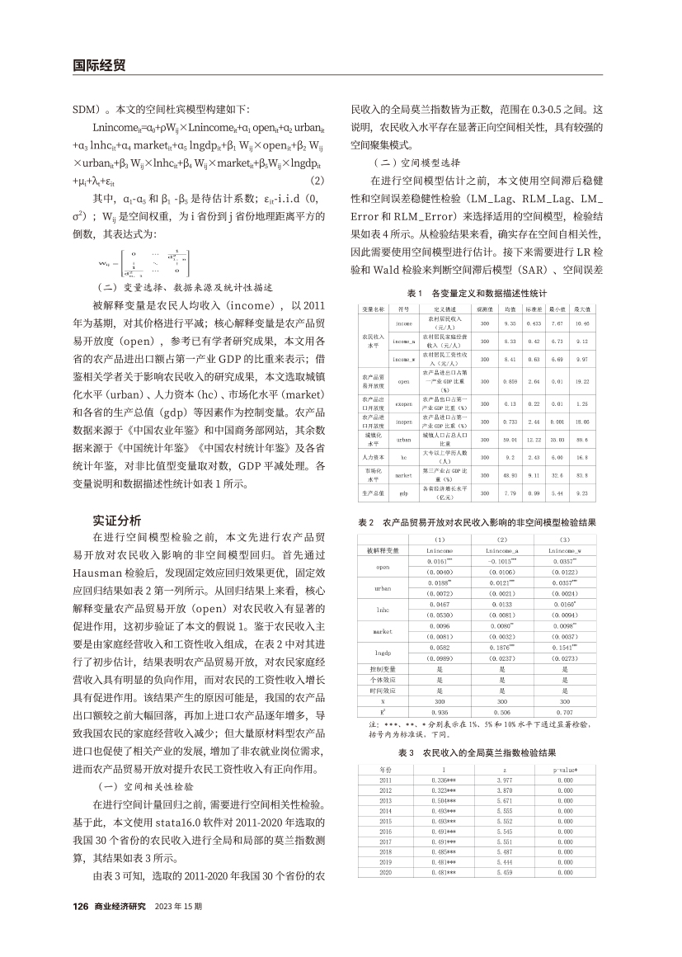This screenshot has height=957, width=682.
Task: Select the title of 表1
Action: coord(477,294)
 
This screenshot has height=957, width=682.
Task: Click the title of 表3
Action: coord(477,753)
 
